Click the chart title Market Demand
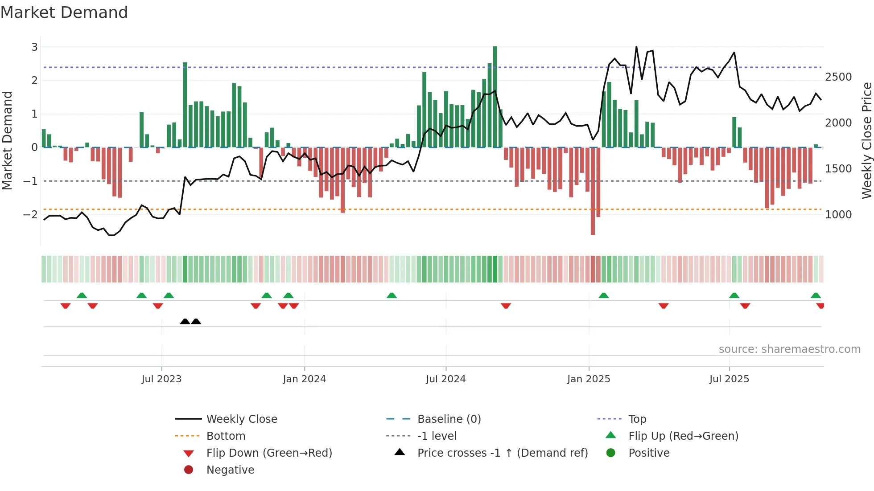[x=64, y=12]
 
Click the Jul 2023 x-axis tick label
[x=161, y=379]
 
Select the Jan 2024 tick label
[x=304, y=379]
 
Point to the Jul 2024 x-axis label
[x=445, y=379]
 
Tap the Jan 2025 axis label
[x=589, y=379]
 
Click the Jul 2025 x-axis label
[x=729, y=379]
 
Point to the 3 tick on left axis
[x=34, y=47]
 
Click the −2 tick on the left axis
[x=30, y=215]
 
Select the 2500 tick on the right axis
[x=838, y=77]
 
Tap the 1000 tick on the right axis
[x=838, y=215]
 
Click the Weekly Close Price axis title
[x=866, y=140]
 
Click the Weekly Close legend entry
[x=241, y=419]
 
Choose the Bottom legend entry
[x=226, y=436]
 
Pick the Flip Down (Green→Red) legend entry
[x=269, y=453]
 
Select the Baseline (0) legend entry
[x=449, y=419]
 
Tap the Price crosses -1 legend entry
[x=502, y=453]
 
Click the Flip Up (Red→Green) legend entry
[x=683, y=436]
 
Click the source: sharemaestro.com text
[x=789, y=349]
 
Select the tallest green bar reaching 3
[x=495, y=96]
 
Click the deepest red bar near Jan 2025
[x=593, y=192]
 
